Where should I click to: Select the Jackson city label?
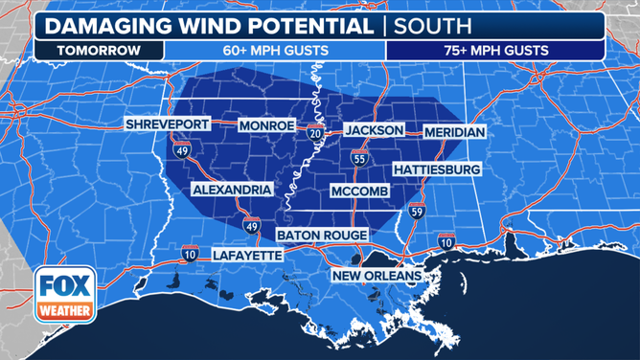[x=374, y=130]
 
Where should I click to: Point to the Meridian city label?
[x=454, y=131]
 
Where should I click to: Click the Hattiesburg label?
[x=436, y=169]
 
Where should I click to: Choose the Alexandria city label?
[x=232, y=190]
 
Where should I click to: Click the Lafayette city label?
[x=246, y=256]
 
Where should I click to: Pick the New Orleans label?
[x=377, y=277]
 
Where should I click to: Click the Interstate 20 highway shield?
[x=315, y=132]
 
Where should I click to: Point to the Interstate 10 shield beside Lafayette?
[x=191, y=253]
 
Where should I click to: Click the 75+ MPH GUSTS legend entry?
[x=495, y=50]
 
